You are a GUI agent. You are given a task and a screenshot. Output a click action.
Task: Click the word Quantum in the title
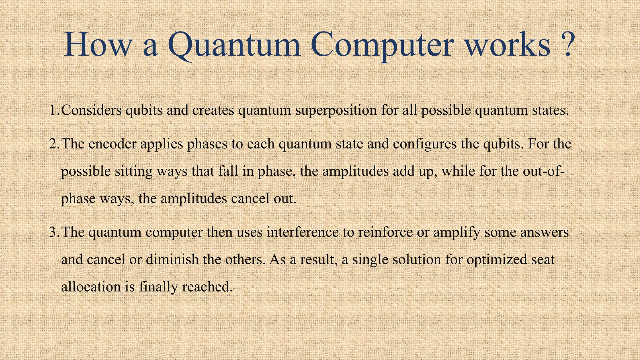[234, 45]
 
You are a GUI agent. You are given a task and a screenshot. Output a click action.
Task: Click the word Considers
[91, 110]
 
